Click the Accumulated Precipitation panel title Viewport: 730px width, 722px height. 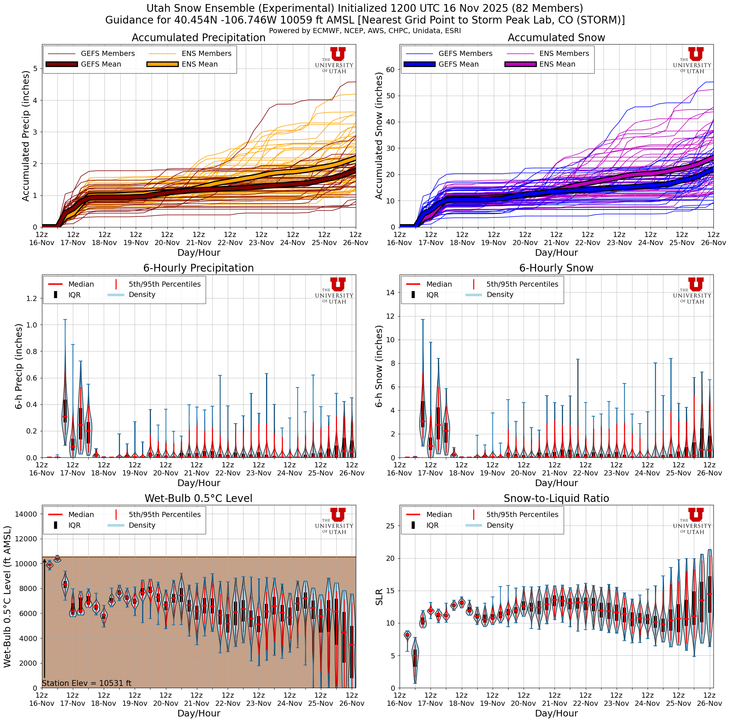[x=198, y=38]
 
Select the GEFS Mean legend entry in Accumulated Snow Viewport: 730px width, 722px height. [x=458, y=64]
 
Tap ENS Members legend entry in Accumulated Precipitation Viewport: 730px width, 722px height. [x=206, y=54]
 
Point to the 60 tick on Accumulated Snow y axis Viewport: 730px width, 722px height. [x=391, y=70]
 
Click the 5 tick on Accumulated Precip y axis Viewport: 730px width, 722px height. [x=35, y=68]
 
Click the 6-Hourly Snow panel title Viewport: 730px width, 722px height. [x=556, y=268]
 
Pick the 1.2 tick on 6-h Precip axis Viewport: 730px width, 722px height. [x=32, y=298]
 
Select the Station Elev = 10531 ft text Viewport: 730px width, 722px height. [x=86, y=683]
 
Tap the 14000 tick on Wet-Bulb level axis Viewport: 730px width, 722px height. [x=26, y=514]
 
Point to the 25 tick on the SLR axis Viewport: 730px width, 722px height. [x=391, y=526]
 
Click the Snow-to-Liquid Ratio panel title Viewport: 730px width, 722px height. [x=556, y=498]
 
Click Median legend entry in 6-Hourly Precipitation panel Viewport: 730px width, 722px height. [x=81, y=284]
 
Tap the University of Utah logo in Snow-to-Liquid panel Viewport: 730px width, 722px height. [x=692, y=521]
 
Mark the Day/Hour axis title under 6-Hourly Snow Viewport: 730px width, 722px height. [x=556, y=483]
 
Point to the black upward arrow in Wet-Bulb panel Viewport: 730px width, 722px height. [x=44, y=620]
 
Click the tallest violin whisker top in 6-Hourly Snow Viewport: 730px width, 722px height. [x=422, y=320]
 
